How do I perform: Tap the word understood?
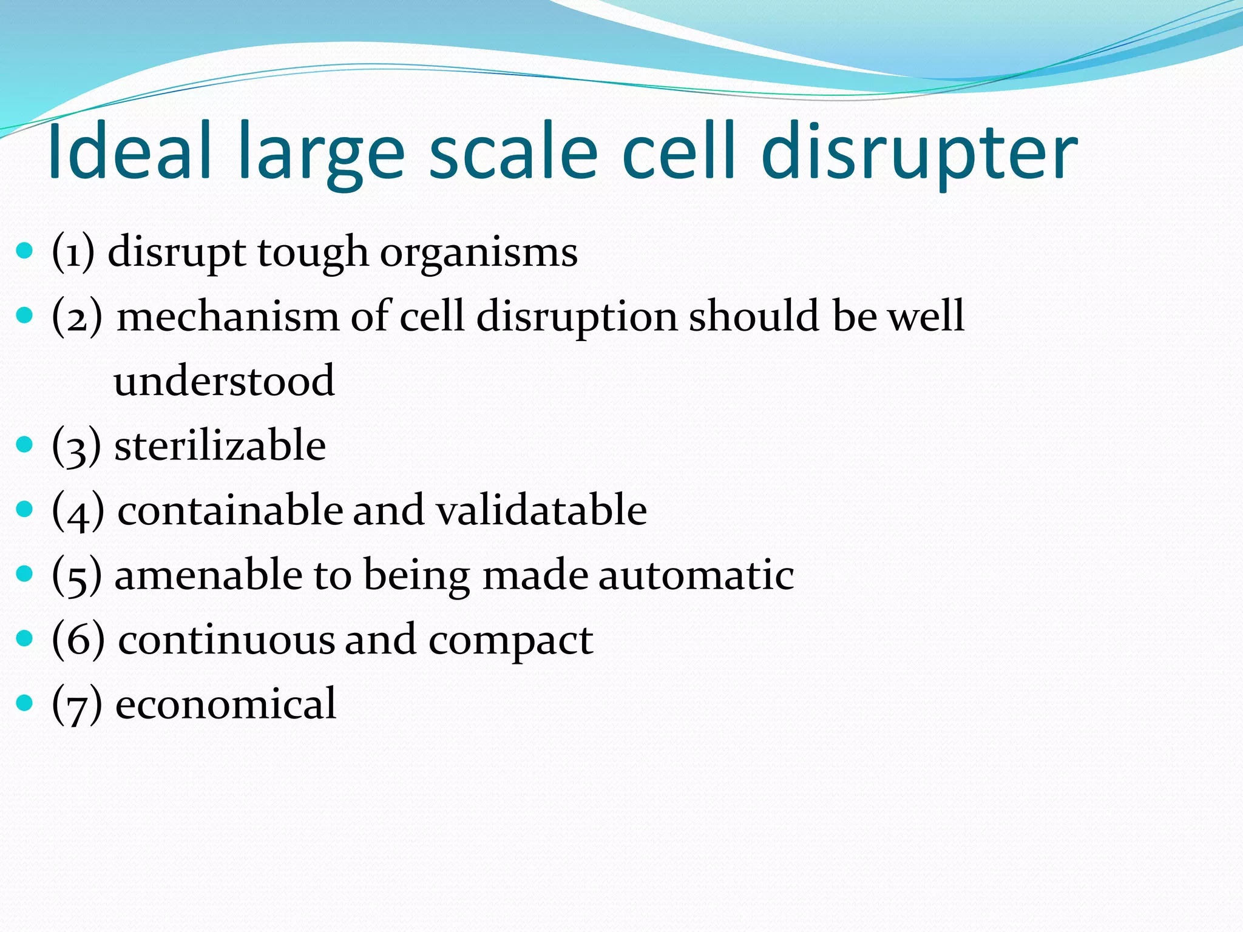(224, 381)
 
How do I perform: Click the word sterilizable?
(220, 445)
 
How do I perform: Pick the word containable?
(230, 510)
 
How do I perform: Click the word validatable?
(541, 510)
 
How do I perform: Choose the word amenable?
(208, 575)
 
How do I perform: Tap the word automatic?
(696, 575)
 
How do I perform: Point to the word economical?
(225, 704)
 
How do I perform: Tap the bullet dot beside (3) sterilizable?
(24, 444)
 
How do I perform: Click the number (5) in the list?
(76, 575)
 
